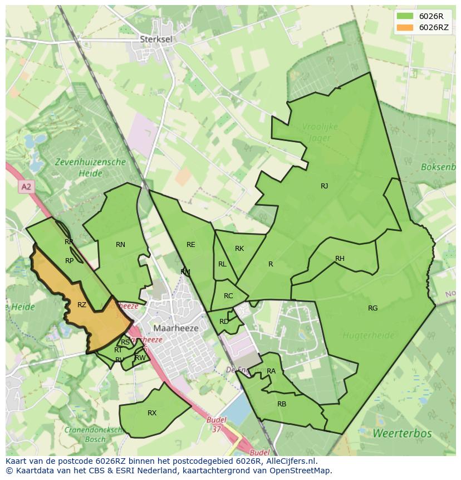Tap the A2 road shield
pos(26,187)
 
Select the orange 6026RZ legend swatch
pos(405,28)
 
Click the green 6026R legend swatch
pos(405,16)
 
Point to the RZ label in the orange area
pos(82,305)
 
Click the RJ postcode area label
pos(324,186)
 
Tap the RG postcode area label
pos(372,308)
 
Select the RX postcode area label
pos(152,413)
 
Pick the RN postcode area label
pos(120,245)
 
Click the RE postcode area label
pos(191,245)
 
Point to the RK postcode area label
pos(239,249)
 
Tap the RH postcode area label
pos(340,259)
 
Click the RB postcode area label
pos(282,404)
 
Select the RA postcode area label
pos(271,371)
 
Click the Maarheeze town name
pos(176,328)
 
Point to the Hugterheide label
pos(369,335)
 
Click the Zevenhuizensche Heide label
pos(90,168)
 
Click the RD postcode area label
pos(224,322)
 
